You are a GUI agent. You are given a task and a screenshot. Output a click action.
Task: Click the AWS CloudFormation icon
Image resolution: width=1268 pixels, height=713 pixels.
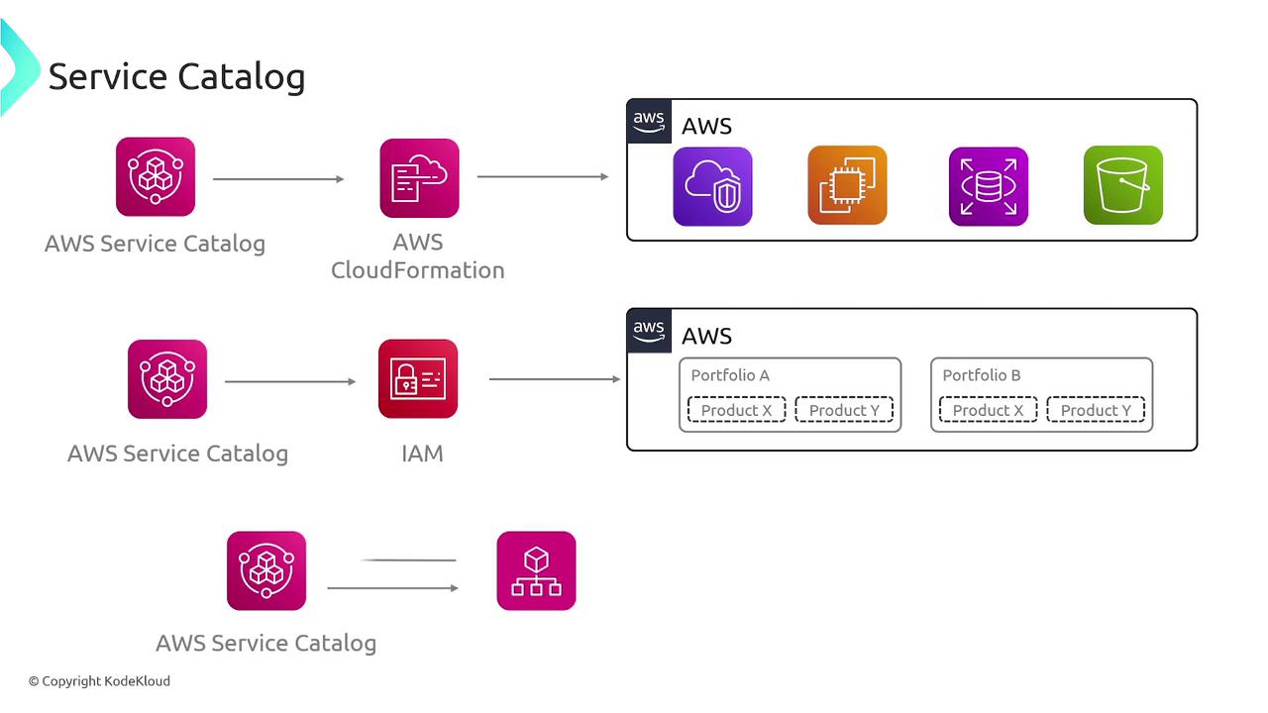[419, 178]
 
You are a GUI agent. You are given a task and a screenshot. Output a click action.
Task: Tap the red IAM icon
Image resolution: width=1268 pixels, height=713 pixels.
[418, 379]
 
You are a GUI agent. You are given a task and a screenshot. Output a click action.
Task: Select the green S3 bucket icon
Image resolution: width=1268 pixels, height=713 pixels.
[1122, 185]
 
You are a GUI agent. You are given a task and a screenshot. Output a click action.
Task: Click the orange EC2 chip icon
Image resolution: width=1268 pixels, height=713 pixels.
[847, 185]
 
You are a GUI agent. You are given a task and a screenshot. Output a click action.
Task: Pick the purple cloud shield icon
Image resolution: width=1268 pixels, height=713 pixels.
[712, 186]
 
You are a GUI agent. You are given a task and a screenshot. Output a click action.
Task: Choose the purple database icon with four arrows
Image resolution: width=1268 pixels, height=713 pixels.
[988, 186]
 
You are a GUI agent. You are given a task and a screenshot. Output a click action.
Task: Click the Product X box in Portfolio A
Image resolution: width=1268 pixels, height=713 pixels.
[736, 410]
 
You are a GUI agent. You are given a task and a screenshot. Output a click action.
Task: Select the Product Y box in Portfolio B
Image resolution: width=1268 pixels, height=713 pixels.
[1096, 410]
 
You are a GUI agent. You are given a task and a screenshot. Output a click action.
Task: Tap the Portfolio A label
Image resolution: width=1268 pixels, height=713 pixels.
[730, 375]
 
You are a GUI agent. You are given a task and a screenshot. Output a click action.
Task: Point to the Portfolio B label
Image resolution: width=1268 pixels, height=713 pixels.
[981, 375]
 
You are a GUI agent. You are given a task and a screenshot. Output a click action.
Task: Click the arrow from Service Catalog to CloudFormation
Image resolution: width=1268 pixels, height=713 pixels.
[278, 179]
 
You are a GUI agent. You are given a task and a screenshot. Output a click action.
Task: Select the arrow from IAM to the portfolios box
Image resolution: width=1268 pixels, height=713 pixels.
[555, 379]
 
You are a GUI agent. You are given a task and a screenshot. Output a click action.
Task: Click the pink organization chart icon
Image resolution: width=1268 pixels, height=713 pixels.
[536, 570]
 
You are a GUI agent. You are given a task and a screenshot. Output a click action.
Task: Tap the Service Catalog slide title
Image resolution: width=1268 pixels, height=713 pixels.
[176, 76]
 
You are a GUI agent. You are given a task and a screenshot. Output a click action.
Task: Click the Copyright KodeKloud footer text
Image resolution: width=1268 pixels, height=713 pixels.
[99, 681]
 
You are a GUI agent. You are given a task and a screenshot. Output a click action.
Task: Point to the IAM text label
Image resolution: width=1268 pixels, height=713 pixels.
[422, 454]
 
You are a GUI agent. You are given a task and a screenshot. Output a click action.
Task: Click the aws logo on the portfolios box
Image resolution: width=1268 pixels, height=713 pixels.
[649, 330]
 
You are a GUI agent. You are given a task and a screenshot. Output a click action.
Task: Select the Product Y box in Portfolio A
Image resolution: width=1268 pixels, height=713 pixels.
[844, 410]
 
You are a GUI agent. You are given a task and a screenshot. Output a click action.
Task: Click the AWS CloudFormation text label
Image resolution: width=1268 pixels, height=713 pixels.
[418, 256]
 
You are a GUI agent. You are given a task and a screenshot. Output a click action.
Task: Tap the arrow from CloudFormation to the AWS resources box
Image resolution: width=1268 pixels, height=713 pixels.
[543, 177]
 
